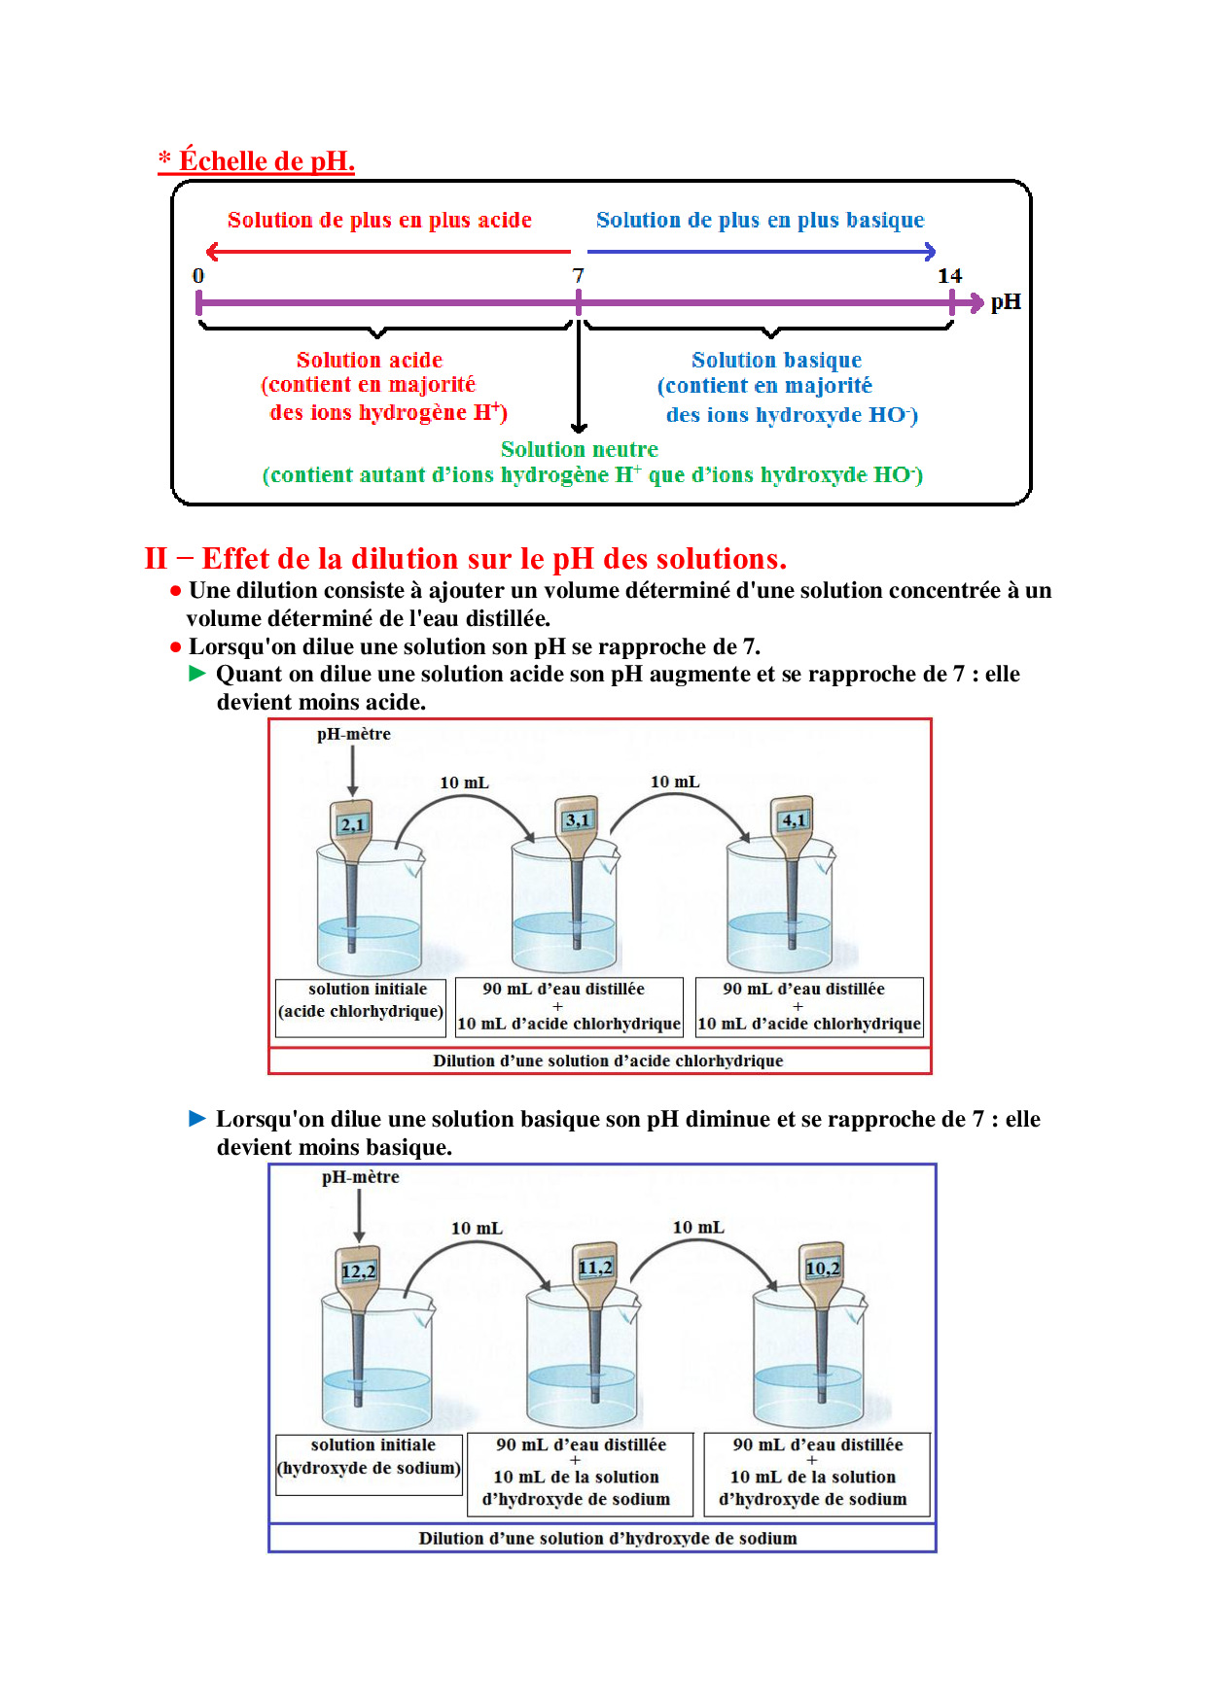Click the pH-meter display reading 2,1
(x=352, y=824)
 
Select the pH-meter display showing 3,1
(x=578, y=819)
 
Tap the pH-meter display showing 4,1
(x=794, y=819)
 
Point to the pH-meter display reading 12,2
(x=358, y=1270)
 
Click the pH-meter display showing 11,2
(x=595, y=1267)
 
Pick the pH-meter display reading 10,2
(x=823, y=1268)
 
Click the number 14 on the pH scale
(x=949, y=276)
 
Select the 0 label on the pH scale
(x=198, y=276)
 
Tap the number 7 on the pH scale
(x=579, y=276)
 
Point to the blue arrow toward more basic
(x=762, y=252)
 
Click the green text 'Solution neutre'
(x=579, y=449)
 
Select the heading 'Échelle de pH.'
(x=266, y=160)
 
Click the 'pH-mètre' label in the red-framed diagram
(x=354, y=734)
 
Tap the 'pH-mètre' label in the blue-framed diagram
(x=361, y=1177)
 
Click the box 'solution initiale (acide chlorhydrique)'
(x=361, y=1001)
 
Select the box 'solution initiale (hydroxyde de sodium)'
(x=369, y=1457)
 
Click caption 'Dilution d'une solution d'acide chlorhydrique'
(x=608, y=1061)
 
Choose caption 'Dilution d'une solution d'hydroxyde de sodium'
(x=608, y=1538)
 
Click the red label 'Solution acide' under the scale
(x=370, y=360)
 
